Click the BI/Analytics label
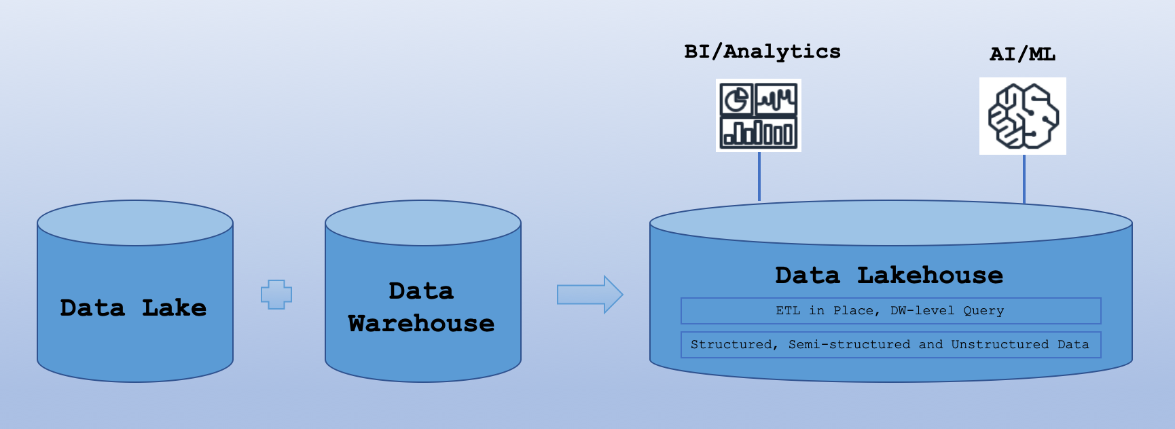click(762, 52)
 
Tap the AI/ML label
click(1022, 54)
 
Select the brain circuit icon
click(1023, 116)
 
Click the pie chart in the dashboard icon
click(736, 100)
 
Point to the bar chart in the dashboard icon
click(759, 132)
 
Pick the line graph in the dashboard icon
click(777, 100)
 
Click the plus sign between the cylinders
click(276, 295)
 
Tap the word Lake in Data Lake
click(174, 308)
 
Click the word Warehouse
click(421, 324)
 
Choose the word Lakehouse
click(930, 276)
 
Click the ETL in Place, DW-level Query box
click(890, 311)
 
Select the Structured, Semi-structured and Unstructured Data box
click(890, 345)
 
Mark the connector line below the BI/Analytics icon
click(759, 176)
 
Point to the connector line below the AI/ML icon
click(1024, 179)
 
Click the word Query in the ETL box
click(983, 311)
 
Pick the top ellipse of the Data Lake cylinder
click(135, 223)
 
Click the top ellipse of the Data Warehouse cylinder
click(423, 223)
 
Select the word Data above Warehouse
click(421, 291)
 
